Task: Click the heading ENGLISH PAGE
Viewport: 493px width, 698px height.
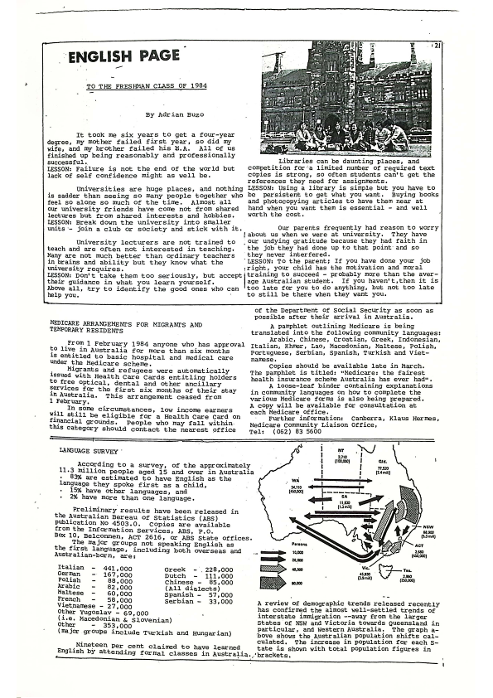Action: (124, 56)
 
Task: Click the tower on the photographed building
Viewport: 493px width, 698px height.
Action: (353, 61)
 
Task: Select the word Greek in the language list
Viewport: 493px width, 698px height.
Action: (176, 569)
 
